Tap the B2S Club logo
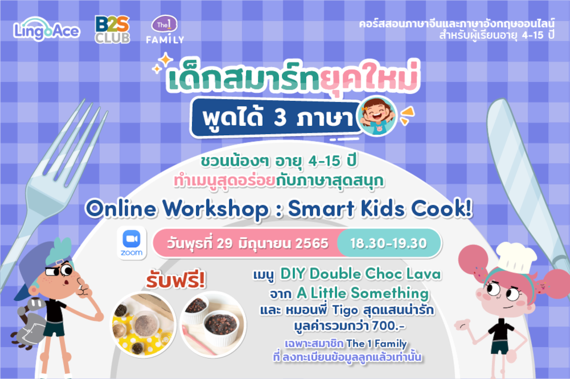click(x=112, y=30)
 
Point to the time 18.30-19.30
click(x=389, y=243)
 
